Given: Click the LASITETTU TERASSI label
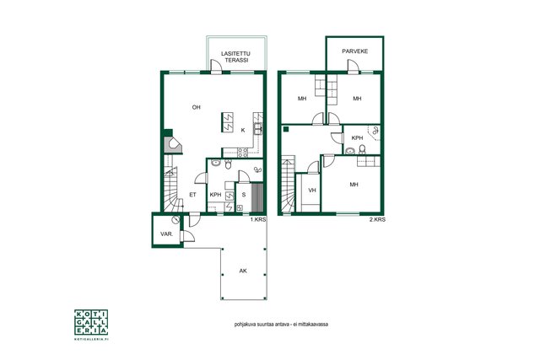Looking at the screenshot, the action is tap(235, 56).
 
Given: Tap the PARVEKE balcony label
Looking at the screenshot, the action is tap(354, 51).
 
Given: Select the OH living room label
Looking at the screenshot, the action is tap(197, 107).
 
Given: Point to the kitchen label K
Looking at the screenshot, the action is tap(243, 130).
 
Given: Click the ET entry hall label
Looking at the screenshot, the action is tap(193, 195).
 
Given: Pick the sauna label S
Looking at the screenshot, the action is tap(244, 195).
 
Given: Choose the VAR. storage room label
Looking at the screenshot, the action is tap(167, 234).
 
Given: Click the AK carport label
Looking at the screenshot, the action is tap(243, 271).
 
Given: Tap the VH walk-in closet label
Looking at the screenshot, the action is tap(312, 190).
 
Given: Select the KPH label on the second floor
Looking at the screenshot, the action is tap(357, 138).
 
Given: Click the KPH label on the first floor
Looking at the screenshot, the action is tap(216, 195).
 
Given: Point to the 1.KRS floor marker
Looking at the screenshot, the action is tap(258, 219).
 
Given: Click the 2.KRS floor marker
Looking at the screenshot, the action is tap(377, 219).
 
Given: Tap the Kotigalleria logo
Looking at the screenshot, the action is tap(91, 325).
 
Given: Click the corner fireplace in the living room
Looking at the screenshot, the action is tap(173, 144).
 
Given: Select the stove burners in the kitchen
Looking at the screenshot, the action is tap(243, 153).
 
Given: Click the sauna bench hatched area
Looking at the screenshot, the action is tap(257, 198).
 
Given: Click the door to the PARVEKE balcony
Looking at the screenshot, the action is tap(354, 67).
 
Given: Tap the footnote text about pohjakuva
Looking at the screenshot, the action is tap(281, 325).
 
